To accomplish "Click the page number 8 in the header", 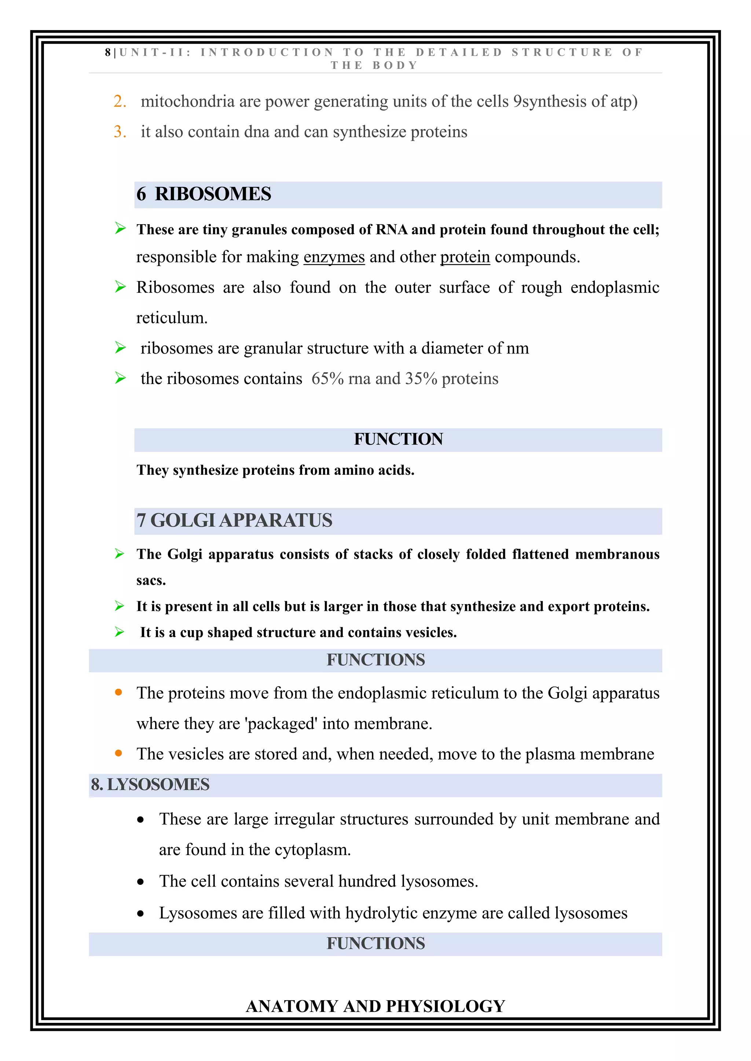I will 107,53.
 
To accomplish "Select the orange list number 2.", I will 119,101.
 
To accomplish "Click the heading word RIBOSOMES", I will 213,194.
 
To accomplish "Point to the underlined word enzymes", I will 334,257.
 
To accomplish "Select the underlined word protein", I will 465,257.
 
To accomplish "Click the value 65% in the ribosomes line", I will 327,379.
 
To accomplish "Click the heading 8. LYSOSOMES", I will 150,785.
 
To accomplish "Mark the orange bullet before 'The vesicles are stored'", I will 118,753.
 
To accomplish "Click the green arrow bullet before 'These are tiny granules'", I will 120,228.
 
